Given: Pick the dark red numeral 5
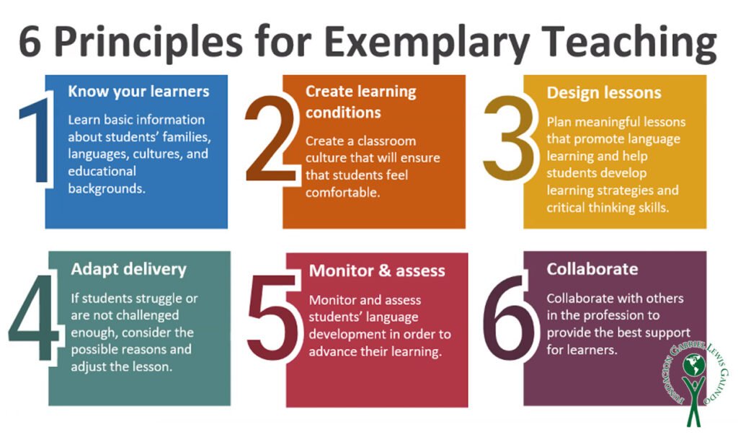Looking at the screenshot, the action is click(272, 317).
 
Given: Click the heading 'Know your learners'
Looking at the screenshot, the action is click(138, 92).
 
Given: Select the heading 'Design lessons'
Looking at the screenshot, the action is click(604, 92).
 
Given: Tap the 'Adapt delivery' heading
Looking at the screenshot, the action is click(128, 269).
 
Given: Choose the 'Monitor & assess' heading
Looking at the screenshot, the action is click(377, 271).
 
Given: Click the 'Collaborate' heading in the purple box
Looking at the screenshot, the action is click(592, 269).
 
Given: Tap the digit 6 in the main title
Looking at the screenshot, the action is click(30, 41).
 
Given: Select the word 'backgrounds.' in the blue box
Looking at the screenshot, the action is click(107, 188).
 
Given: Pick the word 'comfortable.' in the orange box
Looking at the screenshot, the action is click(342, 193).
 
